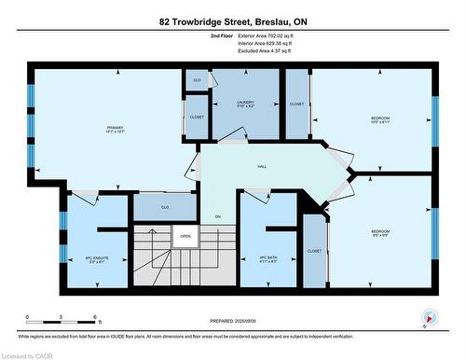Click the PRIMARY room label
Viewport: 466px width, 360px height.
pyautogui.click(x=115, y=129)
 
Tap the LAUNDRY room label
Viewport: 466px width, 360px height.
pyautogui.click(x=244, y=103)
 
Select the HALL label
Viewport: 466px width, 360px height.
pyautogui.click(x=263, y=167)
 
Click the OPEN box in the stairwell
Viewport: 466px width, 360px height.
pyautogui.click(x=185, y=236)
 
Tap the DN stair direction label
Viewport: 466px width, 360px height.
pyautogui.click(x=217, y=216)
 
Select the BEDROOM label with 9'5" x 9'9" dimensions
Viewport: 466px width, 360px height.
pyautogui.click(x=380, y=233)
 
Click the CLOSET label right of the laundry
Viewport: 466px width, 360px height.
pyautogui.click(x=296, y=104)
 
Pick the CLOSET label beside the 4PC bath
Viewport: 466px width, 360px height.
pyautogui.click(x=314, y=251)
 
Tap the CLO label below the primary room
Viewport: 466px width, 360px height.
pyautogui.click(x=165, y=207)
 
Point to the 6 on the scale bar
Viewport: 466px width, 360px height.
pyautogui.click(x=96, y=318)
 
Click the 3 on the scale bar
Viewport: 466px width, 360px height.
pyautogui.click(x=62, y=318)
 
